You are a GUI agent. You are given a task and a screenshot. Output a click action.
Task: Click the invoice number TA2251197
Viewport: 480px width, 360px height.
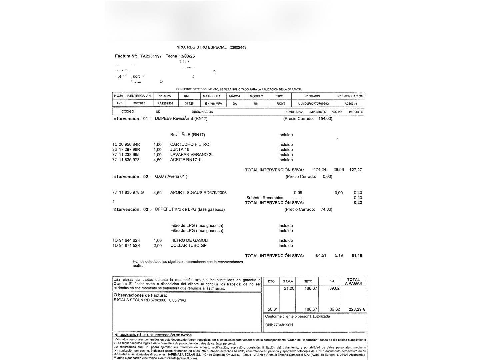click(151, 56)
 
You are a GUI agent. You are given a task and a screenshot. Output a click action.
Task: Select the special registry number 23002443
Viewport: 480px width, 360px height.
click(238, 48)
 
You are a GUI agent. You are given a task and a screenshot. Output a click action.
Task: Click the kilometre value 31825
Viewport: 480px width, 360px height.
click(189, 104)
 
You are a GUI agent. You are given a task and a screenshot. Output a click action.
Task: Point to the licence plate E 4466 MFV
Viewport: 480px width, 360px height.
click(213, 104)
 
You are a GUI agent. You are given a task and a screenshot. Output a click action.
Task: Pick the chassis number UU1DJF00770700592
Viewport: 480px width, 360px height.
click(313, 104)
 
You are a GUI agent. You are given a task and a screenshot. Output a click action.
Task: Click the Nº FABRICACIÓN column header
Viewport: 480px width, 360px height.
click(350, 96)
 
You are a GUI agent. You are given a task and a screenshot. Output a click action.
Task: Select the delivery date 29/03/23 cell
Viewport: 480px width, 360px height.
click(139, 104)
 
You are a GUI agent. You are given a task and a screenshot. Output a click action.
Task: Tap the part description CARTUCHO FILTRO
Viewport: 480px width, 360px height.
click(190, 145)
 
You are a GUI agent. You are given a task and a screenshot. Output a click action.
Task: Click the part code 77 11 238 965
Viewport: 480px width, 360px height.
click(126, 155)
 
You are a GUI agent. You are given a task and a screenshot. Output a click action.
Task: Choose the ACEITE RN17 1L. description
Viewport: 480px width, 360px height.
click(187, 160)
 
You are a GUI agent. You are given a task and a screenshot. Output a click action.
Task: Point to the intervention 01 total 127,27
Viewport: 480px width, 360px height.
click(355, 170)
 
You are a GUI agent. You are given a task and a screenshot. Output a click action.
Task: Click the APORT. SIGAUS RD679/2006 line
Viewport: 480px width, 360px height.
click(198, 193)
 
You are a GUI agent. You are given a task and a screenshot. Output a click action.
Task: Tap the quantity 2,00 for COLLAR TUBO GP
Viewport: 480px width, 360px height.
click(157, 246)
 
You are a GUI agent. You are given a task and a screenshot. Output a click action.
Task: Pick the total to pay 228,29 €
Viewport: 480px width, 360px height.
click(357, 309)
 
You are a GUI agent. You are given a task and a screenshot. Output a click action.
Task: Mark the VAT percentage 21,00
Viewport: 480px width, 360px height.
click(289, 289)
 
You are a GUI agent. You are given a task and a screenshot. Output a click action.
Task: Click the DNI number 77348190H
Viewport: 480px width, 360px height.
click(283, 325)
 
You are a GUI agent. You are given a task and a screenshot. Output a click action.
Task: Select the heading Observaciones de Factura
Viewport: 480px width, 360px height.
click(140, 295)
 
